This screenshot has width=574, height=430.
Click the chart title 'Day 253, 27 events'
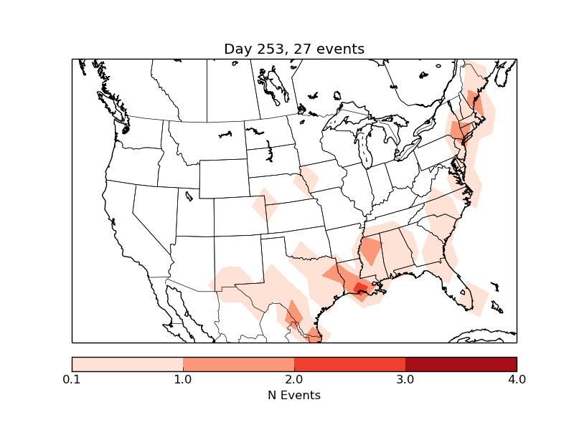coord(294,49)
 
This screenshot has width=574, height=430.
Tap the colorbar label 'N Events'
coord(294,395)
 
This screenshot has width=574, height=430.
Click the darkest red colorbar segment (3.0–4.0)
coord(461,364)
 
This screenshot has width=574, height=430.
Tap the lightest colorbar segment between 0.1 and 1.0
coord(128,364)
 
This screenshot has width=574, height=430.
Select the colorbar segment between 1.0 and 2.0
coord(238,364)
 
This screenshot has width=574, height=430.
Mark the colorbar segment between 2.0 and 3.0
coord(349,364)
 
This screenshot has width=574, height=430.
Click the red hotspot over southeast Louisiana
coord(359,288)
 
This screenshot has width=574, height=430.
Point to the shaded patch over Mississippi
coord(371,251)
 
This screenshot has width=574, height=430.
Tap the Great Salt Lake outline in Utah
coord(189,196)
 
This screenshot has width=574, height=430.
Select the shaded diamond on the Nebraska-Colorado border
coord(265,206)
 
